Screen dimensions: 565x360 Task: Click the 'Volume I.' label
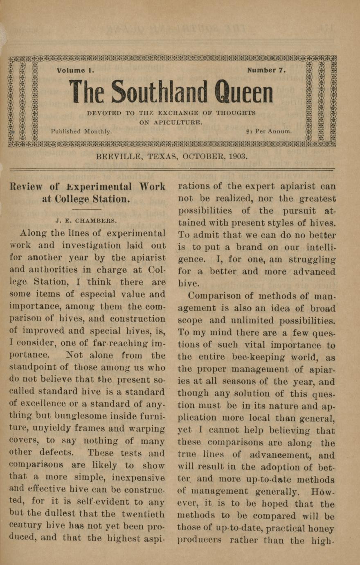click(76, 70)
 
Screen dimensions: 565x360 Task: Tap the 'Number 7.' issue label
click(266, 70)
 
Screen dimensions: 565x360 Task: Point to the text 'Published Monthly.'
click(81, 131)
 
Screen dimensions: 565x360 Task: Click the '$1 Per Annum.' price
click(269, 132)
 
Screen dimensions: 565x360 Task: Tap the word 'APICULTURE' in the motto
click(178, 122)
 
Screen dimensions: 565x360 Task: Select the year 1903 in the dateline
click(237, 156)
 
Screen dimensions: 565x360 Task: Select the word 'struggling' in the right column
click(312, 260)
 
